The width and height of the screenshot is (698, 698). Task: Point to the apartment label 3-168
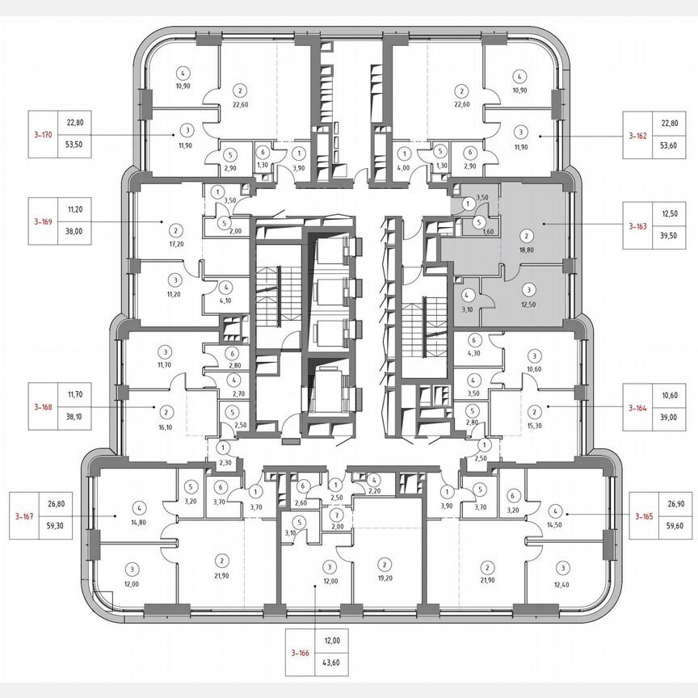pos(42,407)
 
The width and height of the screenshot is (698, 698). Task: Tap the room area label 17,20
pos(173,242)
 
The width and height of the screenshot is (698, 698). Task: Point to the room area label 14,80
pos(140,522)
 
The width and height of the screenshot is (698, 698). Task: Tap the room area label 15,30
pos(534,423)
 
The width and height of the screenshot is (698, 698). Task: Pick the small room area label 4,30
pos(475,353)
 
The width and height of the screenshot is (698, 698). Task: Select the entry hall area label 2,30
pos(225,462)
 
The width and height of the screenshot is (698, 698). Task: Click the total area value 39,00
pos(668,419)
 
